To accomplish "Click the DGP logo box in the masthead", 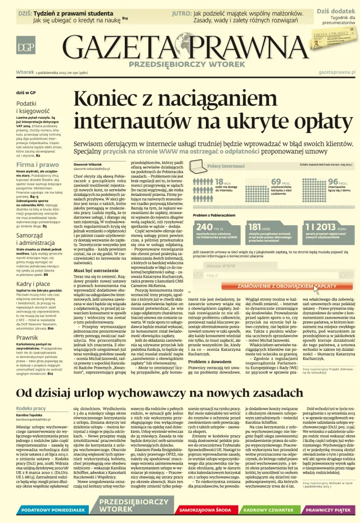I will [25, 46].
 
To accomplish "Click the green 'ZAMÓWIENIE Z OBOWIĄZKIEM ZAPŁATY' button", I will [279, 287].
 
